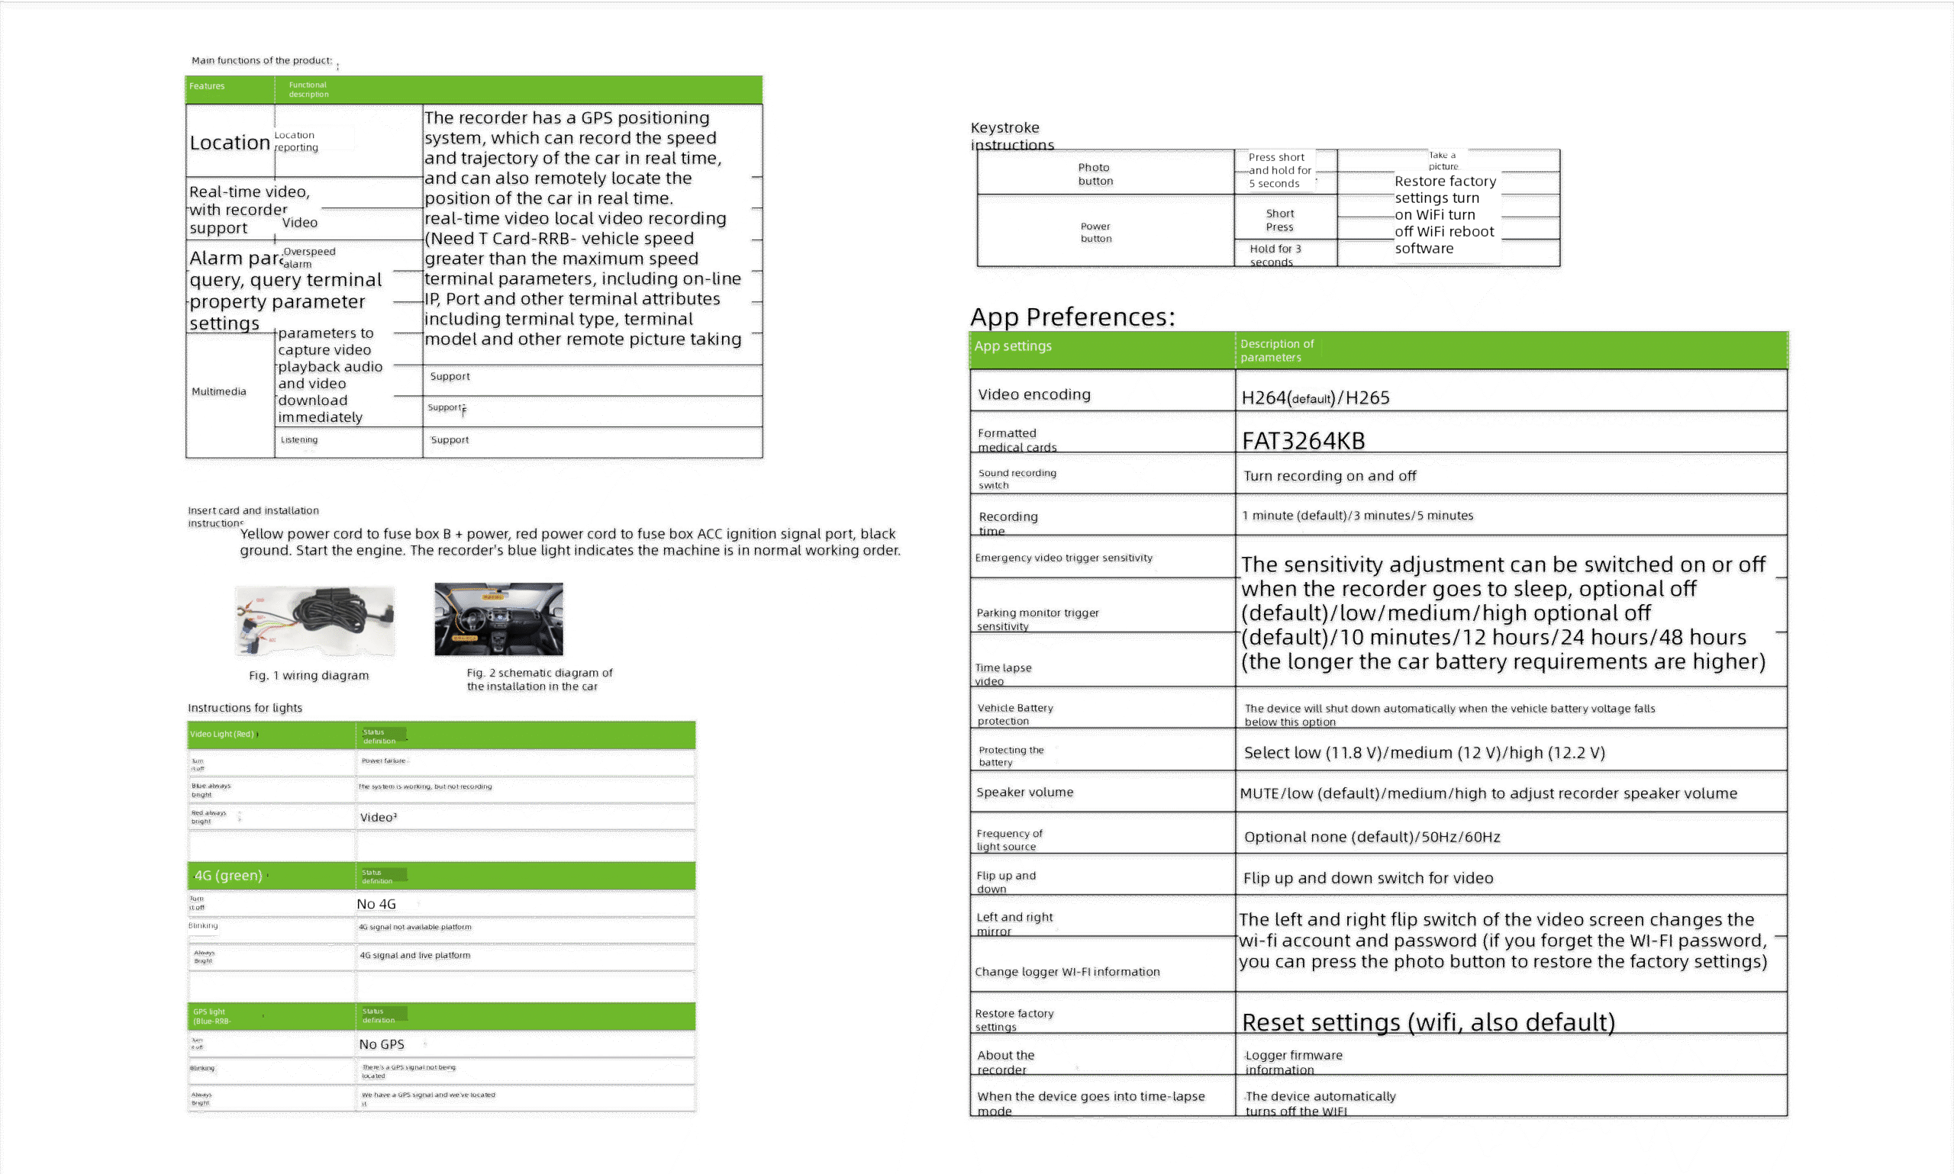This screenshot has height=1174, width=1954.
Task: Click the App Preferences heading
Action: pyautogui.click(x=1072, y=317)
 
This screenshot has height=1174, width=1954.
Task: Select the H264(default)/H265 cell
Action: pyautogui.click(x=1314, y=398)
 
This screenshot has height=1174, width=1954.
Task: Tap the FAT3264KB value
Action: pyautogui.click(x=1303, y=441)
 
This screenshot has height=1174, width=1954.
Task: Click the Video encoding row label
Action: pyautogui.click(x=1033, y=394)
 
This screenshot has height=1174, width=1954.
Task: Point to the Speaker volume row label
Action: pyautogui.click(x=1024, y=792)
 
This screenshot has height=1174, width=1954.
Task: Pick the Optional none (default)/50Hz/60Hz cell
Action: pyautogui.click(x=1372, y=837)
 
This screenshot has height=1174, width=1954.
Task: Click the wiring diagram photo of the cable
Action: pyautogui.click(x=315, y=621)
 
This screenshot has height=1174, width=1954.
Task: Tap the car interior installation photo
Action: pyautogui.click(x=498, y=619)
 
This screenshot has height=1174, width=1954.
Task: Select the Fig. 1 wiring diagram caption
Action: pyautogui.click(x=308, y=676)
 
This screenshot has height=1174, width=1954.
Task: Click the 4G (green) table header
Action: pyautogui.click(x=228, y=875)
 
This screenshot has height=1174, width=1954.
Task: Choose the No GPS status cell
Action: pyautogui.click(x=382, y=1044)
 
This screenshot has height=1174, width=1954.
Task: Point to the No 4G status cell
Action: pyautogui.click(x=377, y=903)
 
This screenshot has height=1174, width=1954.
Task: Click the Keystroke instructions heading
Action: pyautogui.click(x=1011, y=136)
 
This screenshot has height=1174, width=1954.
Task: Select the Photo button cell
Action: pyautogui.click(x=1095, y=174)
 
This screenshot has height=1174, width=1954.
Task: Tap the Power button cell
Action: pyautogui.click(x=1095, y=232)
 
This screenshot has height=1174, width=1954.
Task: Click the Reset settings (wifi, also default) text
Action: pyautogui.click(x=1427, y=1022)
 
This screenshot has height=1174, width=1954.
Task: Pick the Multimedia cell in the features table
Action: pyautogui.click(x=218, y=391)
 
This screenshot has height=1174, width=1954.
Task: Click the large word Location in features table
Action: pyautogui.click(x=230, y=143)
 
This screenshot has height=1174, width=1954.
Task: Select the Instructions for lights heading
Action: pyautogui.click(x=244, y=708)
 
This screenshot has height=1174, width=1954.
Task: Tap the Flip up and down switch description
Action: pyautogui.click(x=1368, y=878)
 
